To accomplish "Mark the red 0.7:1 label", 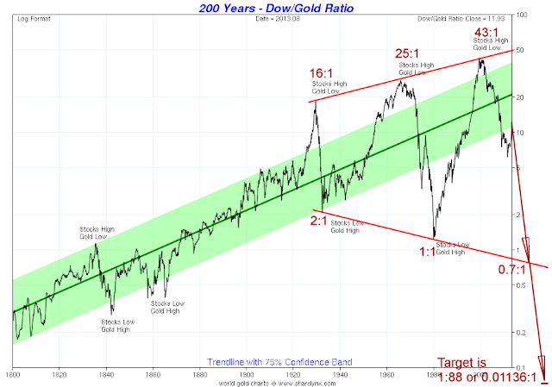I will tap(513, 268).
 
